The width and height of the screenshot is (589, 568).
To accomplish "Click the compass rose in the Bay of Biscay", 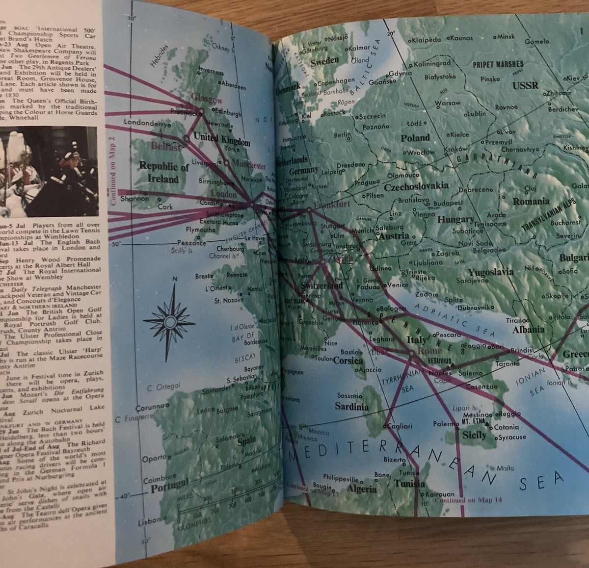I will (170, 321).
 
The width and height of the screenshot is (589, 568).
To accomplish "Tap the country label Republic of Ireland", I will (163, 173).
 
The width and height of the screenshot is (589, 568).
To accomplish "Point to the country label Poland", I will (415, 138).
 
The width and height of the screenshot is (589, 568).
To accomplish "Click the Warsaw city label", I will (448, 103).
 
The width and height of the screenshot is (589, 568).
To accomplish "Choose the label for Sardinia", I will (351, 407).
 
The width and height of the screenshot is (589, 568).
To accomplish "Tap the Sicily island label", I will (475, 435).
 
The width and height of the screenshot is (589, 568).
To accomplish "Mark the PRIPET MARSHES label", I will (498, 64).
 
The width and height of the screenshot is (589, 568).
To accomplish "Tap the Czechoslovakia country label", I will (416, 186).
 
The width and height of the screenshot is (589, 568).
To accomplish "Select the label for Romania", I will (531, 201).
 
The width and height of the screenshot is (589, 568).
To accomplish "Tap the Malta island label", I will (505, 468).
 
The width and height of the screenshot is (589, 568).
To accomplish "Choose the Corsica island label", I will (348, 361).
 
